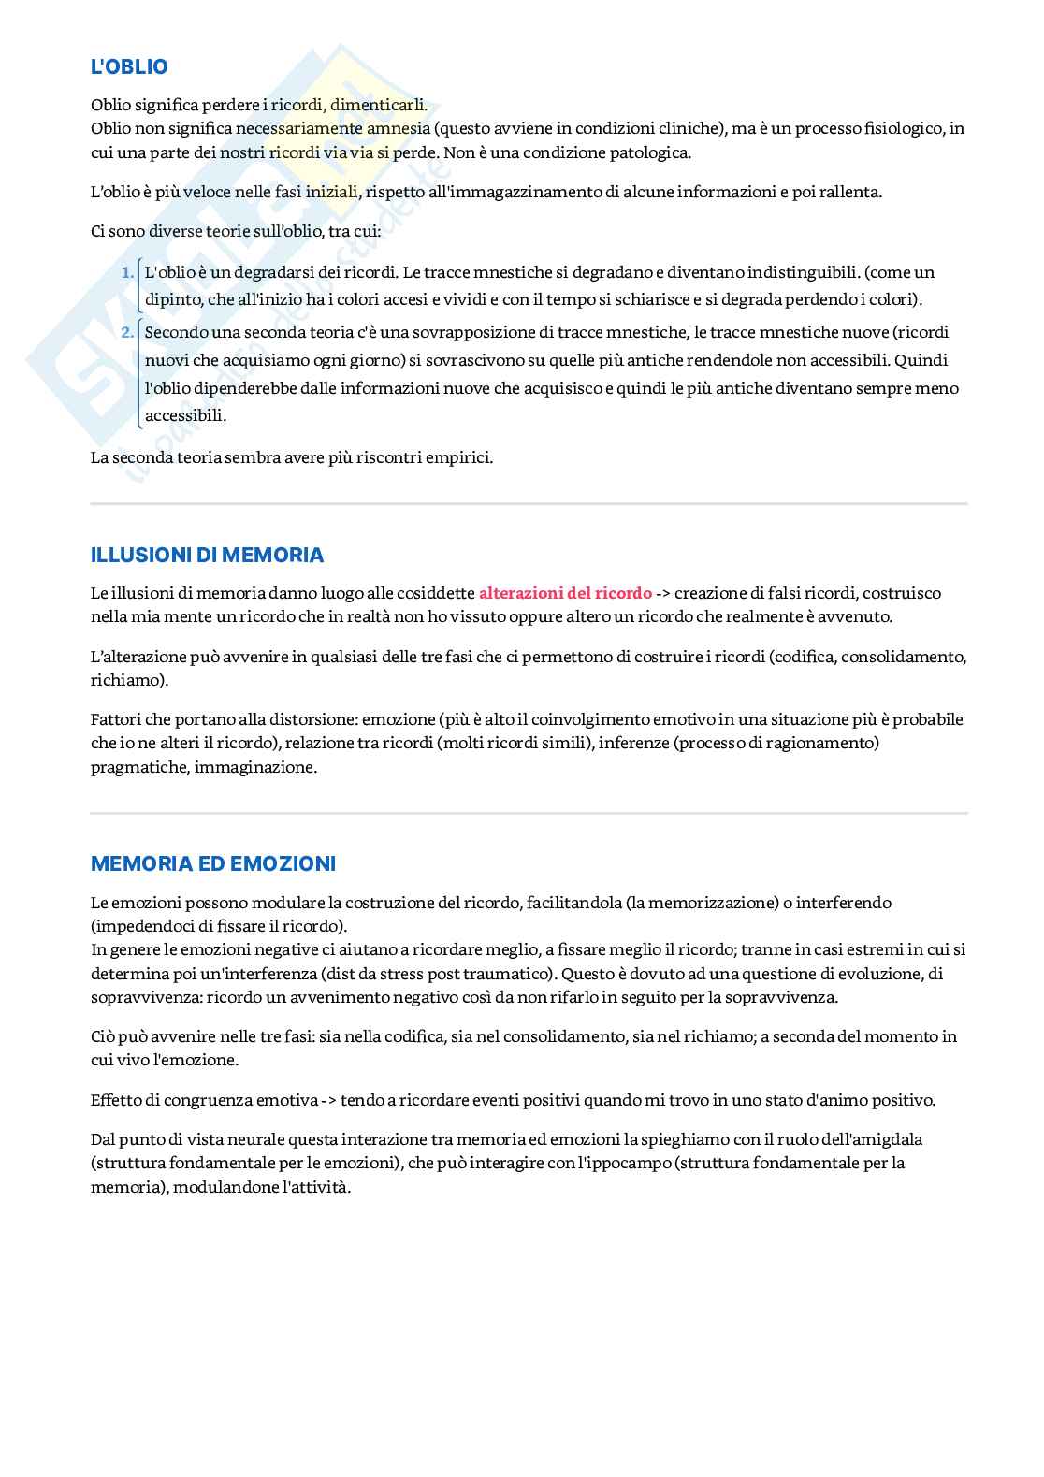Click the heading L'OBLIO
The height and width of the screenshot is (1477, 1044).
(x=129, y=66)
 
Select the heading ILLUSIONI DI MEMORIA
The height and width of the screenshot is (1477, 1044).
(x=207, y=555)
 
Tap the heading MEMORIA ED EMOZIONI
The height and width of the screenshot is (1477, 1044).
(x=212, y=863)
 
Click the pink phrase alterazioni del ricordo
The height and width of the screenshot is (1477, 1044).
(x=565, y=593)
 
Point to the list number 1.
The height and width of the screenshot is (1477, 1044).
(x=127, y=272)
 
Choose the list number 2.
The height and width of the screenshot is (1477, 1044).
(x=127, y=332)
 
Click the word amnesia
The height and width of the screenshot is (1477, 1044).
(x=398, y=128)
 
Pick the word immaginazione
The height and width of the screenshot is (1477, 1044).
(x=254, y=767)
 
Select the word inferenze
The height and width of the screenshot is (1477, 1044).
(x=632, y=744)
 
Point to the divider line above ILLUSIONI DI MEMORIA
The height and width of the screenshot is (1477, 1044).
(x=529, y=504)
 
